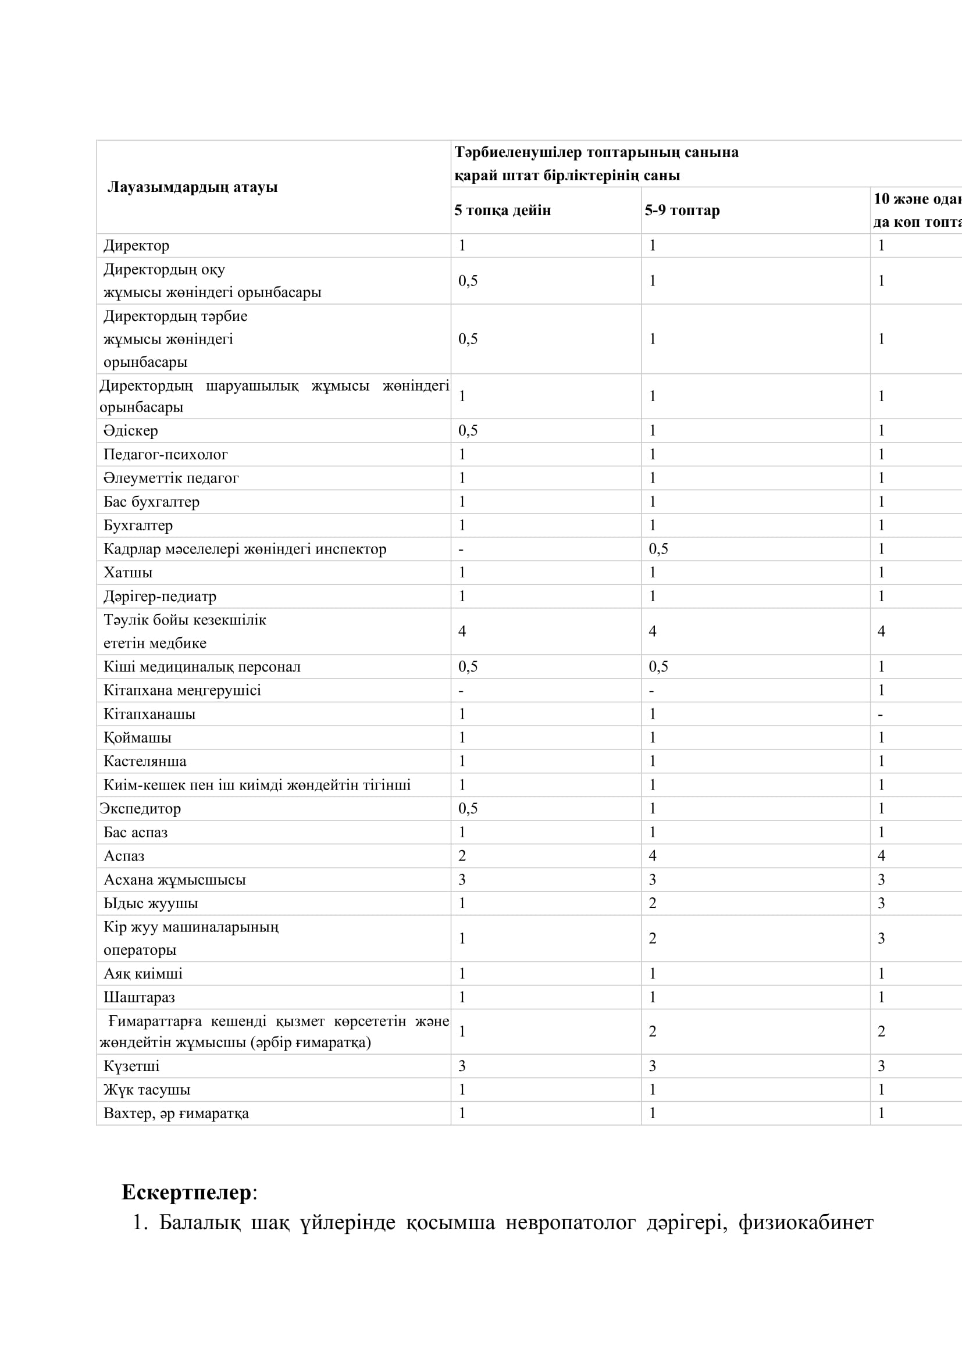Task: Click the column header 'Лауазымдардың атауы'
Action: point(193,187)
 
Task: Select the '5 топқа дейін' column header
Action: point(503,210)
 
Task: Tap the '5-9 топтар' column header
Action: point(682,210)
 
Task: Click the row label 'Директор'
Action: point(136,245)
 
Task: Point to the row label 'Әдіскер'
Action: point(130,431)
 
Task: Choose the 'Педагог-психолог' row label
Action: point(165,454)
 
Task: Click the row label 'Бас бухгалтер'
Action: point(151,502)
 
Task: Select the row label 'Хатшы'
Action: point(128,572)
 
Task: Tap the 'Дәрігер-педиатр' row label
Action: point(160,596)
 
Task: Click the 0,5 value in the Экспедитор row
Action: point(468,809)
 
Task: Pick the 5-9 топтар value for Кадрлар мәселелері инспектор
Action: point(658,548)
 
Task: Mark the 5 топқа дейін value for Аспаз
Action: point(462,856)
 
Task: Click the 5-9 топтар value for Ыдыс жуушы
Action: point(652,904)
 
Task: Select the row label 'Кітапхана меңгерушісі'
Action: point(182,690)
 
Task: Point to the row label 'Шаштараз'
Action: point(139,998)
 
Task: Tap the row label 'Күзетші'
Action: point(131,1066)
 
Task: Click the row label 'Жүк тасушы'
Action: point(147,1090)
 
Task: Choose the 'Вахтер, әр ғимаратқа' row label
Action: point(176,1113)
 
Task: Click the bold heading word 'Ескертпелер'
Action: point(187,1193)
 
